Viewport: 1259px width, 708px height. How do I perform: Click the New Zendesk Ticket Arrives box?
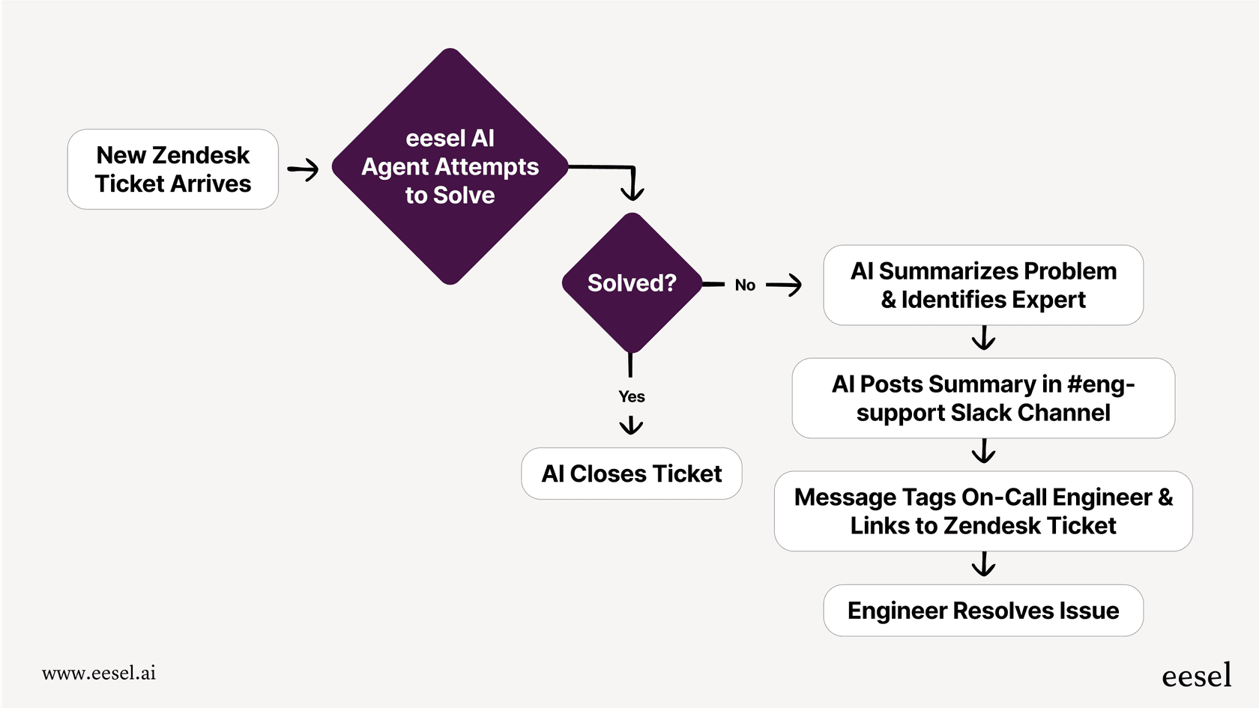click(x=173, y=169)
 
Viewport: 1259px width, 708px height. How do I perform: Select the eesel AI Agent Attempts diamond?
click(x=450, y=166)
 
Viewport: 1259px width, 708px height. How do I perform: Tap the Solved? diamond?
click(x=632, y=283)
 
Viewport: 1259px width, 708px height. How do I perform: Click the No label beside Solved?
click(x=745, y=285)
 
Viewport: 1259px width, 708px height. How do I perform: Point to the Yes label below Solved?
click(x=632, y=396)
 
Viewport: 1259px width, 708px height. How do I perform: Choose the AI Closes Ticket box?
click(x=632, y=473)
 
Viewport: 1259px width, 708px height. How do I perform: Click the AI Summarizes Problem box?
click(x=983, y=285)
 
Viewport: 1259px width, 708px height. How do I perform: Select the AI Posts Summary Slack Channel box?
click(x=983, y=398)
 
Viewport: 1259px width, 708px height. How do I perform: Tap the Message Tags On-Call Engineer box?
click(x=983, y=511)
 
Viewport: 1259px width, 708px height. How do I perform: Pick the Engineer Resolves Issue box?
click(x=983, y=611)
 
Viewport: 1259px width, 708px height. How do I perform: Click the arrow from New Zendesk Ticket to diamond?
click(x=304, y=170)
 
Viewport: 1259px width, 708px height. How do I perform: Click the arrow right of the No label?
click(x=784, y=285)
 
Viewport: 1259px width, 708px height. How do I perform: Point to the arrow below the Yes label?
click(x=631, y=426)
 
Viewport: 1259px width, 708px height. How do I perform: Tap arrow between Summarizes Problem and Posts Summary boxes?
click(x=983, y=339)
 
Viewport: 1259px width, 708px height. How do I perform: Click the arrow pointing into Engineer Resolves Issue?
click(x=983, y=565)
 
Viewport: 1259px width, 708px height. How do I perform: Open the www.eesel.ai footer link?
click(x=99, y=673)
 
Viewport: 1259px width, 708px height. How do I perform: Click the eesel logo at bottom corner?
click(x=1196, y=675)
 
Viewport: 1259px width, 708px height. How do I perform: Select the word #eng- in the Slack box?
click(x=1101, y=384)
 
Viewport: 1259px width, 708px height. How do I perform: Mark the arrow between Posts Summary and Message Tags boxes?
click(x=983, y=452)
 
